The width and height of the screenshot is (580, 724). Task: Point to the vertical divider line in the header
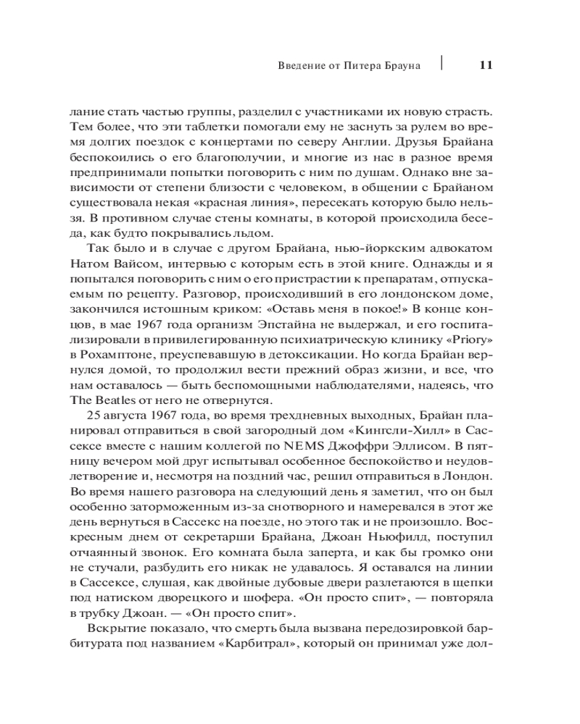[x=442, y=62]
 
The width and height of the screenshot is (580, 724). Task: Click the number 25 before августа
[x=96, y=418]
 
